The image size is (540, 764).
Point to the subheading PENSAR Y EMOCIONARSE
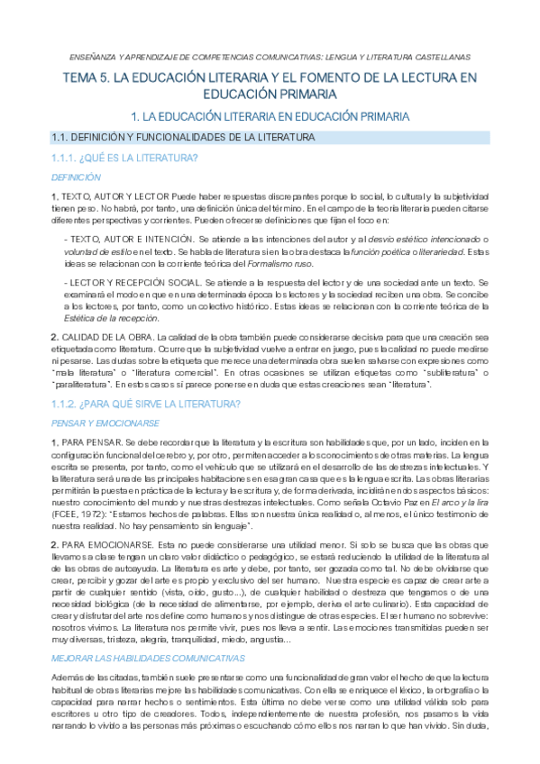(105, 423)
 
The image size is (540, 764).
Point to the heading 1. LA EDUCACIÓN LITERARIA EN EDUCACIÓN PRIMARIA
(270, 117)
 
